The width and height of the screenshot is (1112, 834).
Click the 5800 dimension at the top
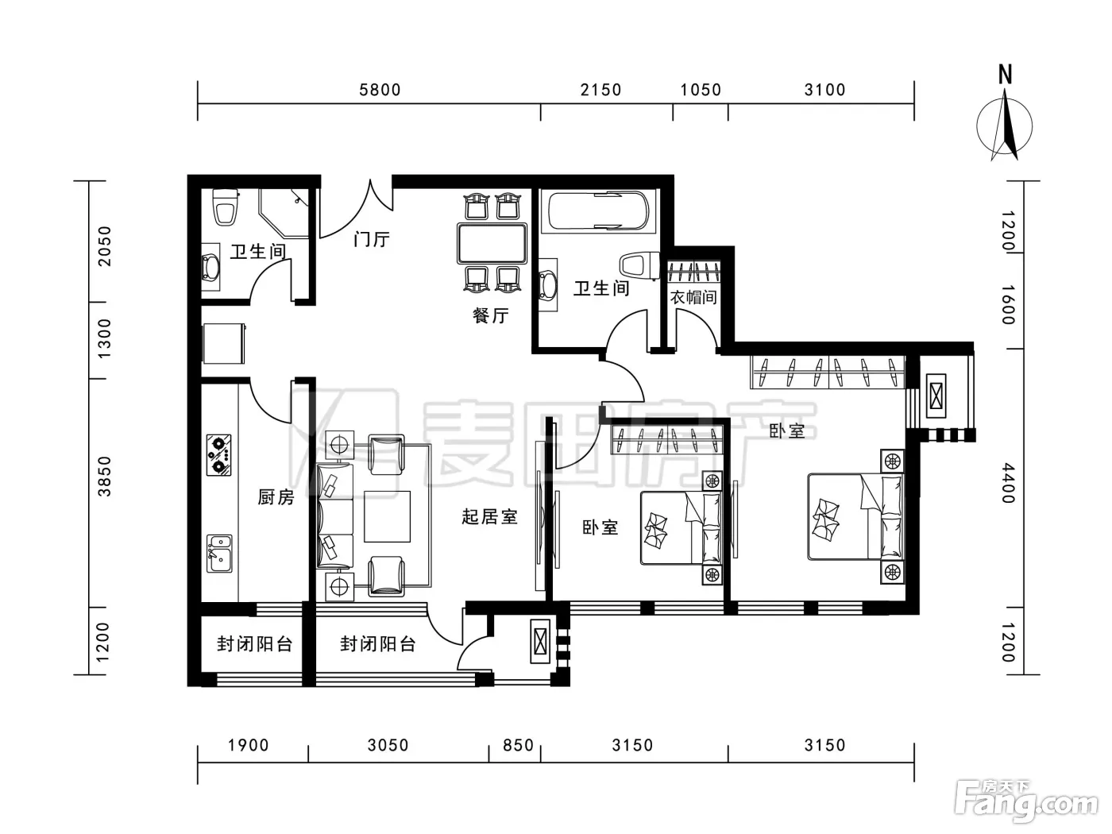click(x=380, y=90)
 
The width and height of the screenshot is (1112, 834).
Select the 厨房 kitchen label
click(x=276, y=497)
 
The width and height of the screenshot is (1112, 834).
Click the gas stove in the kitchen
click(x=219, y=454)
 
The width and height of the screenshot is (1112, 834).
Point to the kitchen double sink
click(x=219, y=554)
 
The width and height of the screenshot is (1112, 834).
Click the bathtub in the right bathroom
click(x=598, y=211)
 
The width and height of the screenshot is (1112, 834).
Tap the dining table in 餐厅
click(x=492, y=243)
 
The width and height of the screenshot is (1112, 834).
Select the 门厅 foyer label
click(x=372, y=239)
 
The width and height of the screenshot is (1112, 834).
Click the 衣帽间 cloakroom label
click(x=693, y=297)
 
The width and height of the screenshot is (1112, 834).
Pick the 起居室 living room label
click(x=489, y=516)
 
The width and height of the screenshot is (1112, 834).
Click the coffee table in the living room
click(x=387, y=516)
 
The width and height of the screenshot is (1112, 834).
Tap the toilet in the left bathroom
click(x=226, y=207)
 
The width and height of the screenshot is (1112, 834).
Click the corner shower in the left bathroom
click(x=284, y=213)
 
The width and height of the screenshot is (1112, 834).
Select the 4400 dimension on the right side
click(x=1008, y=483)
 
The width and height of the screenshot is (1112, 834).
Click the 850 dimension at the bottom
click(x=518, y=745)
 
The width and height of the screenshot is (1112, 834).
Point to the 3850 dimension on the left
click(x=104, y=476)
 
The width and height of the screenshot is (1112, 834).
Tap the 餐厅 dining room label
click(x=490, y=315)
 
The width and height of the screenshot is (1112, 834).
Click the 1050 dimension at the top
click(x=700, y=90)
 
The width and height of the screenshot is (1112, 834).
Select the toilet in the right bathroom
click(x=639, y=266)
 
